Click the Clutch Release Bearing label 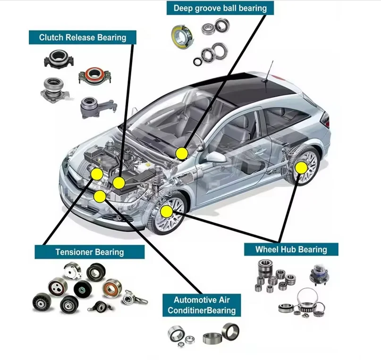pos(83,37)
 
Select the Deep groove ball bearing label pos(220,8)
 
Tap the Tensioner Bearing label pos(89,252)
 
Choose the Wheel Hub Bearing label pos(291,249)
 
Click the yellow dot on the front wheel pos(166,211)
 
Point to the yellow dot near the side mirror pos(181,153)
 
